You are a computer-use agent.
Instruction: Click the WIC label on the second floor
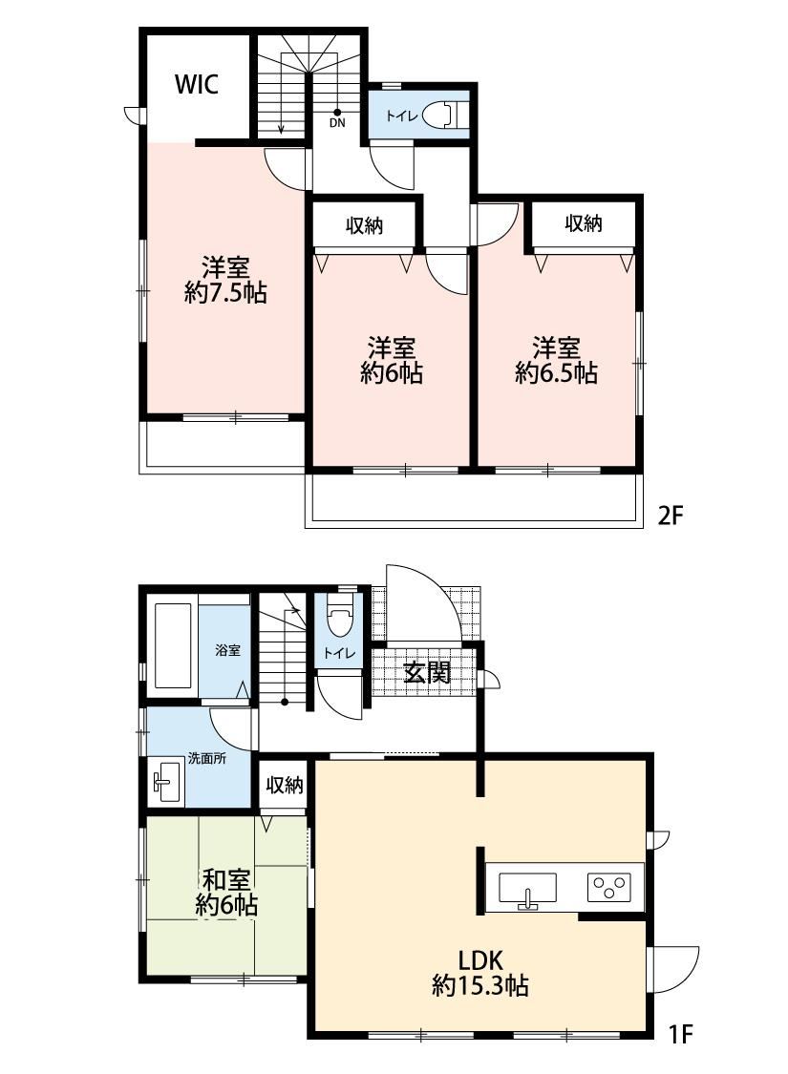(197, 84)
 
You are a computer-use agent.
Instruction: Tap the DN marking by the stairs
(337, 123)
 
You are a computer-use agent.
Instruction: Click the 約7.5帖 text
(225, 293)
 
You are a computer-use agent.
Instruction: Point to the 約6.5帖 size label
(557, 373)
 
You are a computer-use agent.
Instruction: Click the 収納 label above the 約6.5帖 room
(583, 223)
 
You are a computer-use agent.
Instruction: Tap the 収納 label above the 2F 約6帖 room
(364, 226)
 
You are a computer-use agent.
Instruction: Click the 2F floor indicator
(671, 516)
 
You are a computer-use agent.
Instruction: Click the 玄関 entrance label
(426, 673)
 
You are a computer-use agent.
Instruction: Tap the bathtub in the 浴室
(173, 646)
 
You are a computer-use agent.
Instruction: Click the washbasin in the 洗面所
(166, 782)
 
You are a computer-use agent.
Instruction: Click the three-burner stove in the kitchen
(608, 887)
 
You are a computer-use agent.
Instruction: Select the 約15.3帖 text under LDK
(480, 986)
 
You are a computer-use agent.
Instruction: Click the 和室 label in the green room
(225, 881)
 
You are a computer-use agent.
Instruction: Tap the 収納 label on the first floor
(285, 785)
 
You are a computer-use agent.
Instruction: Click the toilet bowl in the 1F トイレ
(338, 617)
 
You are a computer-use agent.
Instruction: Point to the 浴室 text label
(228, 650)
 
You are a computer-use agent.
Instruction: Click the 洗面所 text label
(207, 759)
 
